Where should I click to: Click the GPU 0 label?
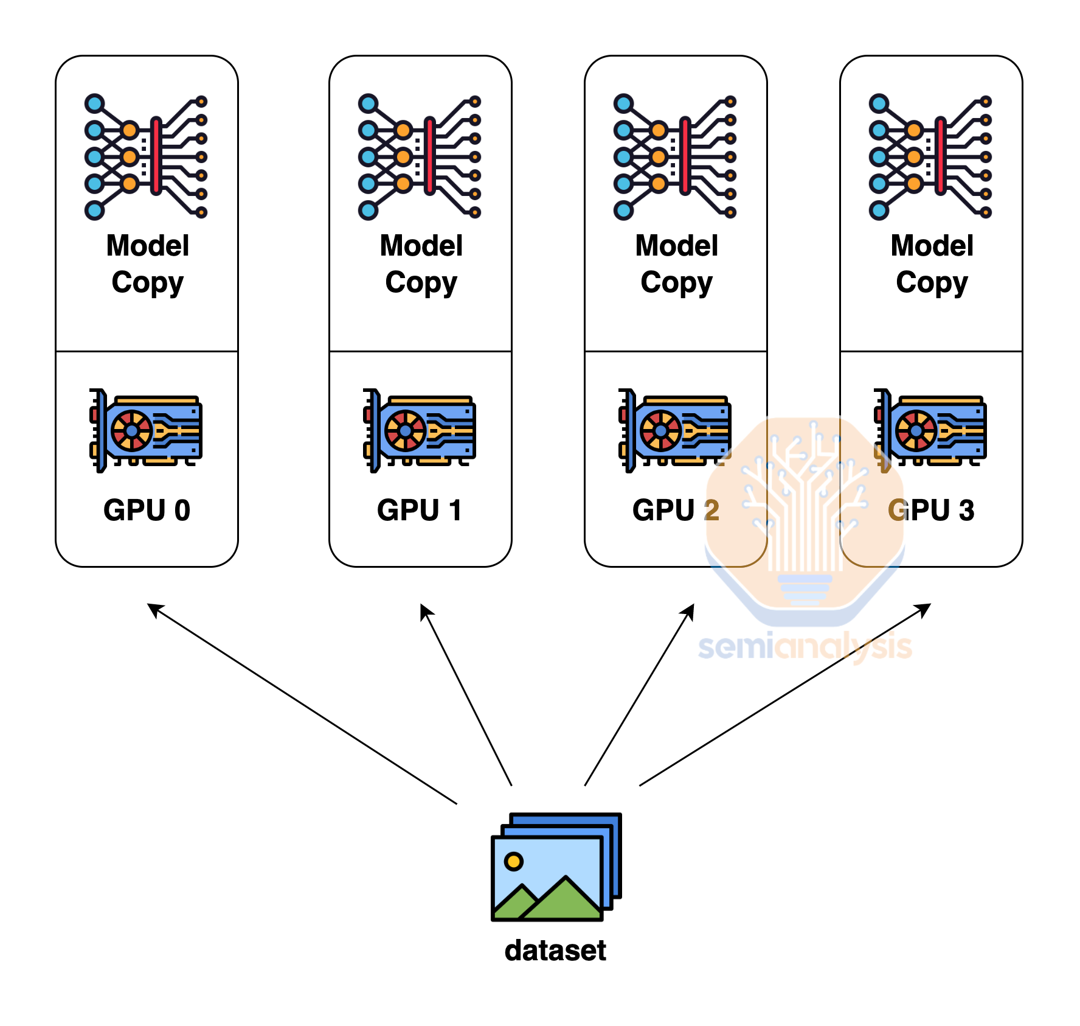click(x=147, y=510)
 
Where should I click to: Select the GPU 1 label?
click(x=420, y=510)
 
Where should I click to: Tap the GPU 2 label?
click(x=676, y=510)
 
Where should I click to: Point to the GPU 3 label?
click(x=931, y=510)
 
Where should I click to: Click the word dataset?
click(x=555, y=951)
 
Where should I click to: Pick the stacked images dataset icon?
click(x=556, y=867)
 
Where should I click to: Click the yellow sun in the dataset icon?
click(x=514, y=861)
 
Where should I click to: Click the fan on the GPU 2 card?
click(x=660, y=431)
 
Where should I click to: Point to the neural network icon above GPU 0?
click(x=146, y=157)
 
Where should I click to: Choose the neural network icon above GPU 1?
click(x=420, y=157)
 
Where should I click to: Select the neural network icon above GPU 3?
click(x=930, y=157)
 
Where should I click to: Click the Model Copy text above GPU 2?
click(x=677, y=264)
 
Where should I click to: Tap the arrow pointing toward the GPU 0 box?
click(x=302, y=704)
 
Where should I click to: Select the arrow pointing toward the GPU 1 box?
click(x=466, y=695)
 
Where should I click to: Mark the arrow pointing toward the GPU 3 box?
click(x=785, y=695)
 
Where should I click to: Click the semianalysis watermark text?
click(x=805, y=647)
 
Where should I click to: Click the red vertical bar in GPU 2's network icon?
click(x=685, y=156)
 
